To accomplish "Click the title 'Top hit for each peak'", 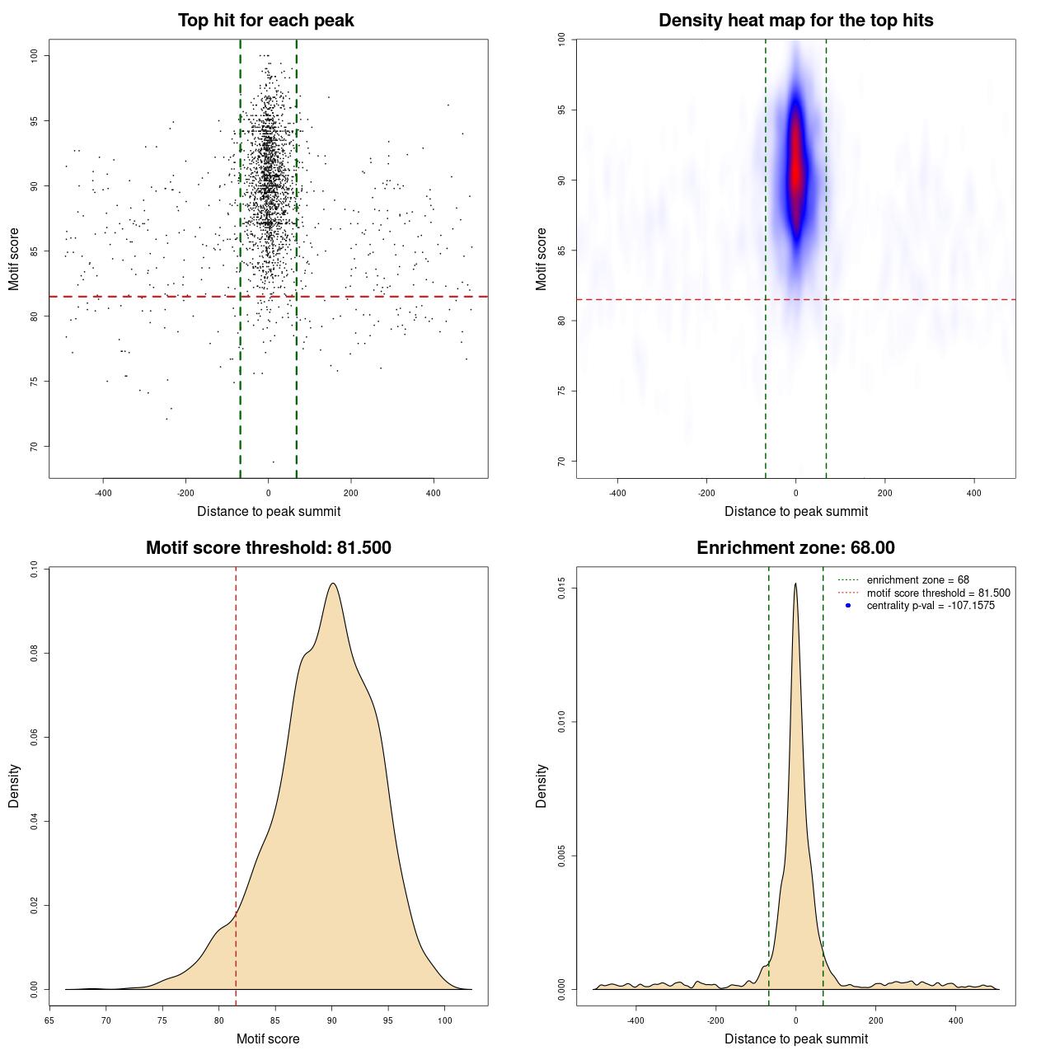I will click(265, 21).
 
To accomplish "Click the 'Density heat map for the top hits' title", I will click(795, 21).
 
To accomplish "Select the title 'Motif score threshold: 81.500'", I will click(268, 548).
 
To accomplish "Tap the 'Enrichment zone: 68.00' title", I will click(795, 548).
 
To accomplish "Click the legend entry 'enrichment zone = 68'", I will click(917, 580).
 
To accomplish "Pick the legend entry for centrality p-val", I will click(930, 606).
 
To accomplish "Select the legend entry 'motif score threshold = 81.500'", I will click(938, 593).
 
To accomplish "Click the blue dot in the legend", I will click(848, 606).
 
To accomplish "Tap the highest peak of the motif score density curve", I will click(332, 584).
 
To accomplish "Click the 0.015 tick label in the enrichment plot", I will click(562, 588).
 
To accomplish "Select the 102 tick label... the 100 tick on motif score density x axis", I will click(445, 1020).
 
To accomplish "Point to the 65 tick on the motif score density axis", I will click(49, 1020).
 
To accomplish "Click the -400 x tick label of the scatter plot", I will click(103, 493).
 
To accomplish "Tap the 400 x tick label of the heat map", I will click(974, 493).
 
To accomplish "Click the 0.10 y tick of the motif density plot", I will click(35, 569).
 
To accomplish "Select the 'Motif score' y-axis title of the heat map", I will click(542, 259).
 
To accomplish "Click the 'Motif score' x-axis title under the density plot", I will click(268, 1039).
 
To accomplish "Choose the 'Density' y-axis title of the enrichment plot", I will click(542, 785).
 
